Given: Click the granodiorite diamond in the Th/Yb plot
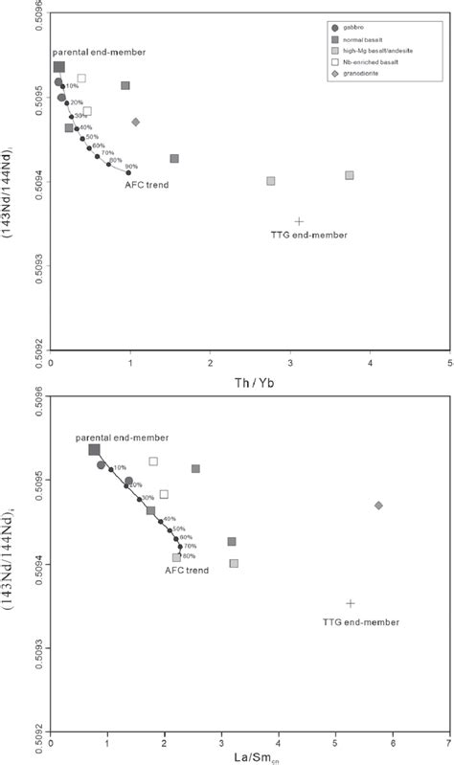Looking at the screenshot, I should (136, 122).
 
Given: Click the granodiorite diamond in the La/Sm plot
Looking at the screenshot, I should (378, 505).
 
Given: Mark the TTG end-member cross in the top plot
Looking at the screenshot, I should (299, 221).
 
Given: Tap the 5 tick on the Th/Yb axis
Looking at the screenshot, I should (449, 365).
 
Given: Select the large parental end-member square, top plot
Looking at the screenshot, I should (58, 67).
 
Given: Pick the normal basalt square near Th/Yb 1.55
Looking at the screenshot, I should (174, 159).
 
